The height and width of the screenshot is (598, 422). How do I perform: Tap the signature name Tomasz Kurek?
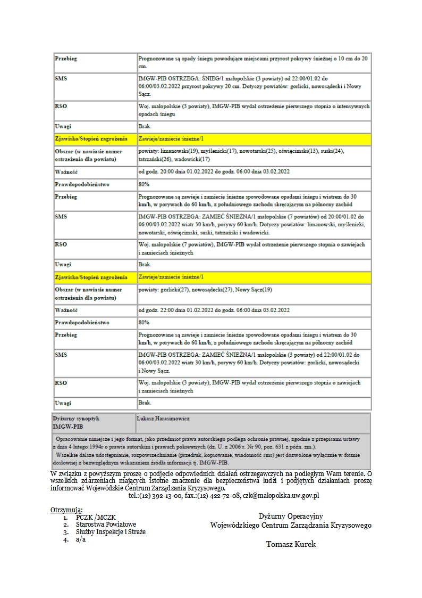click(291, 544)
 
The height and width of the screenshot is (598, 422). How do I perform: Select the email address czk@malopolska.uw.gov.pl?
click(281, 495)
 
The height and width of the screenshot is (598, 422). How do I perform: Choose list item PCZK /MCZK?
click(96, 517)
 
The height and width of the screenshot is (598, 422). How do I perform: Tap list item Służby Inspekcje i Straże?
click(111, 531)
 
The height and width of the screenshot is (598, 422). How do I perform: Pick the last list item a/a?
click(80, 539)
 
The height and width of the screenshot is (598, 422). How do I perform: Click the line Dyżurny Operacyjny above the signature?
click(291, 516)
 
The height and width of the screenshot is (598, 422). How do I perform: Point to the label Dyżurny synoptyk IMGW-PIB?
click(76, 423)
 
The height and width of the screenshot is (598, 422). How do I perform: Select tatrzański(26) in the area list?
click(155, 159)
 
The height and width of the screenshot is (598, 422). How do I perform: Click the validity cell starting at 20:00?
click(214, 171)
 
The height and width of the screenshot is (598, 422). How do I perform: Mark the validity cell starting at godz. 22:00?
click(214, 310)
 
